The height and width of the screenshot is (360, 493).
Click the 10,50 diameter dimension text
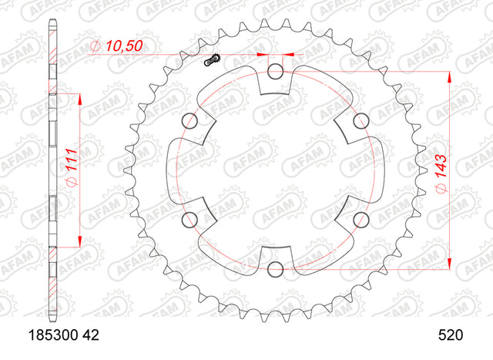tap(123, 46)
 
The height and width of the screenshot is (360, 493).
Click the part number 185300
tap(53, 335)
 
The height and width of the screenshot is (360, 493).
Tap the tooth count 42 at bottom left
tap(92, 335)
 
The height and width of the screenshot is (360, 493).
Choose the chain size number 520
tap(451, 335)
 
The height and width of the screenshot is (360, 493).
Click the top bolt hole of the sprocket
tap(276, 71)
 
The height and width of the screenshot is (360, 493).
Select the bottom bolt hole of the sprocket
tap(276, 269)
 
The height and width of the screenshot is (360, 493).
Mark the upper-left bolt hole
tap(190, 121)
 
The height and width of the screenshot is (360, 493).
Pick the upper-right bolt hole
tap(361, 121)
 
